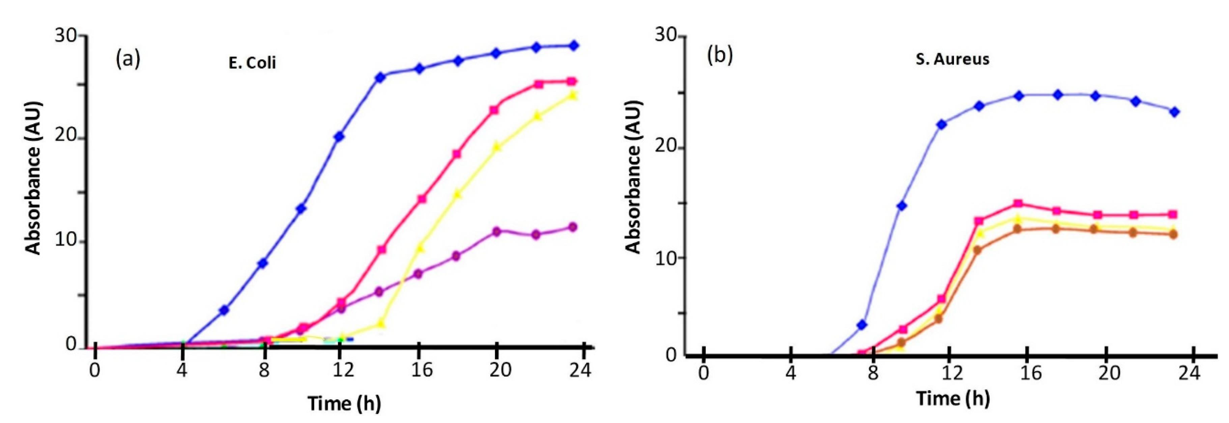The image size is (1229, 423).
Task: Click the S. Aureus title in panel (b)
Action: pyautogui.click(x=952, y=59)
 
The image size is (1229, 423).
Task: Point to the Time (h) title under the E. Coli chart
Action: pyautogui.click(x=344, y=403)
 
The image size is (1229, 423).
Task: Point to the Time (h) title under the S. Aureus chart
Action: pyautogui.click(x=953, y=398)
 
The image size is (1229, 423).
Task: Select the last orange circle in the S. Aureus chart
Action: pyautogui.click(x=1174, y=234)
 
